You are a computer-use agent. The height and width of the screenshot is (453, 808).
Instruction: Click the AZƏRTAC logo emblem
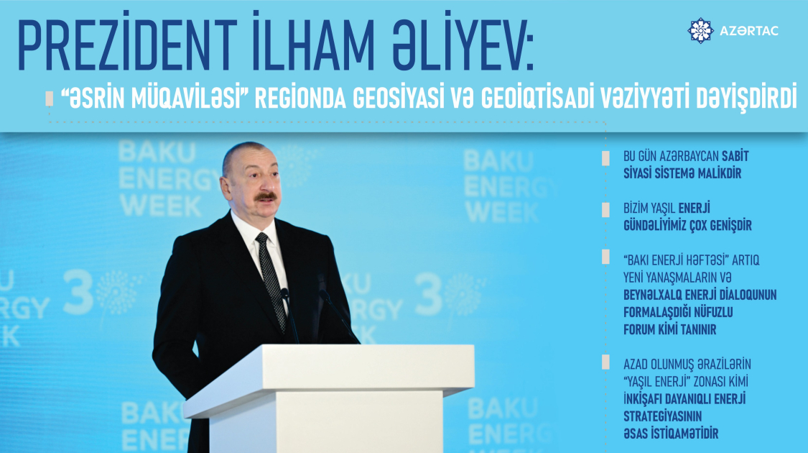pos(700,31)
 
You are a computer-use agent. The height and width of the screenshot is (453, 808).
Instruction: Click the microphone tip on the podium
pos(284,293)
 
